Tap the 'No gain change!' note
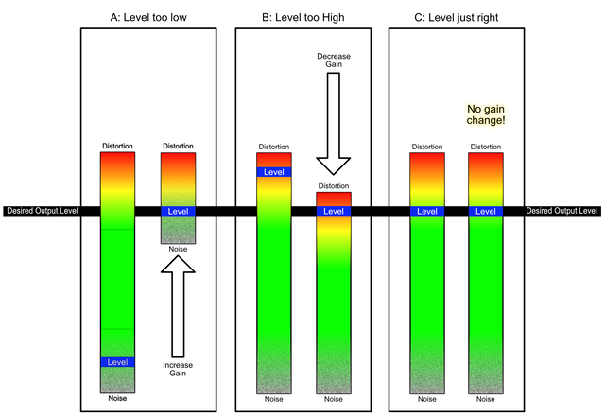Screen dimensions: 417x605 (x=486, y=114)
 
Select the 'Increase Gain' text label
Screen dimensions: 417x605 (x=178, y=370)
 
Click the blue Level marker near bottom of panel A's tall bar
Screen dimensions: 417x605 (x=118, y=362)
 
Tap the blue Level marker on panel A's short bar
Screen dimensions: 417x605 (x=178, y=211)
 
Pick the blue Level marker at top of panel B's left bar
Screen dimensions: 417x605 (x=273, y=172)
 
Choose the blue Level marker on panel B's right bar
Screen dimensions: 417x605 (x=333, y=211)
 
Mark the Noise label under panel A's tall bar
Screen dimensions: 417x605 (x=118, y=399)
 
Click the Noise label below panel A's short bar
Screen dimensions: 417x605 (x=178, y=250)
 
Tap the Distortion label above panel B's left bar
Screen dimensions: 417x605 (x=273, y=147)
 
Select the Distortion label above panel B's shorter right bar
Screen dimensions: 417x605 (x=333, y=185)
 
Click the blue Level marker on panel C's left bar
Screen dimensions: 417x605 (x=426, y=211)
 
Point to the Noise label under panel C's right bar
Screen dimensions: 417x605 (x=486, y=399)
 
